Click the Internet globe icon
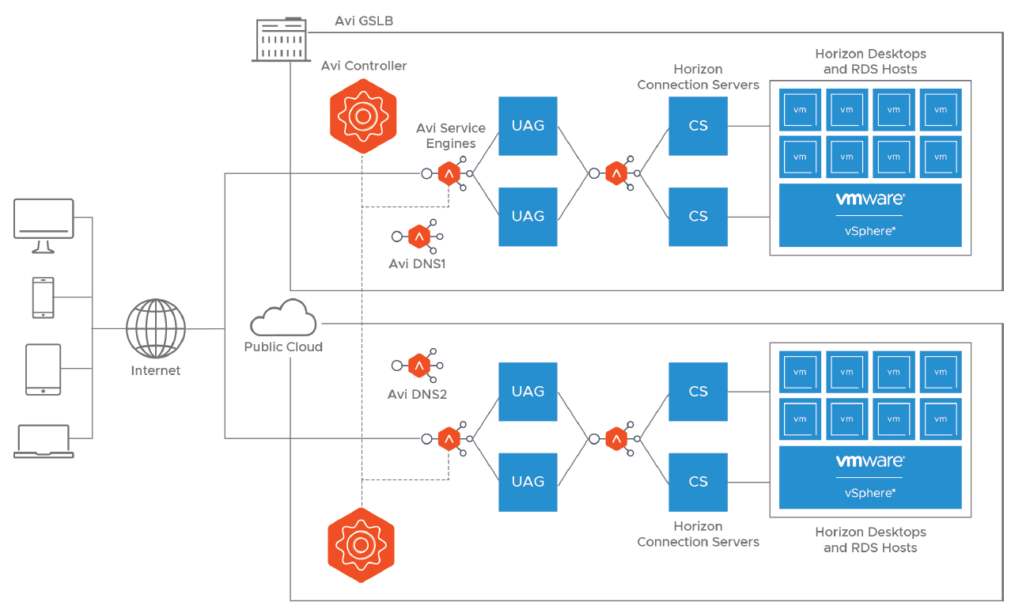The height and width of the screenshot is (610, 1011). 156,328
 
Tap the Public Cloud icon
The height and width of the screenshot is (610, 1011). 283,318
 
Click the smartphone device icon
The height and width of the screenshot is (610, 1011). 44,297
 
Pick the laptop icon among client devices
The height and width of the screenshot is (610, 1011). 44,441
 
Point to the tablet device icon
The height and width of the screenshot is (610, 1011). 44,369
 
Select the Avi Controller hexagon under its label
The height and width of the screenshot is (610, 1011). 363,116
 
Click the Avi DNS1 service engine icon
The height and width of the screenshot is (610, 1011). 418,236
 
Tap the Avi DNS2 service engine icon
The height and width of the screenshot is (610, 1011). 418,366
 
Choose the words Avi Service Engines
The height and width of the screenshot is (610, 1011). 451,135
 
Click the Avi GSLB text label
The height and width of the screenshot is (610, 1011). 364,21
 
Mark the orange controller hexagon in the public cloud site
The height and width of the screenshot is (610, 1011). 362,545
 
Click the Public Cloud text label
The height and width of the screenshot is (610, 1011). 283,347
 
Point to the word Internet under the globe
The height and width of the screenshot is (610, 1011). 156,370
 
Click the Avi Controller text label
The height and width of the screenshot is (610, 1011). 364,66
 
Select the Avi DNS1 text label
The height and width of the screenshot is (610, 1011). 417,263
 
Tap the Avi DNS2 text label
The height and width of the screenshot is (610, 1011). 417,394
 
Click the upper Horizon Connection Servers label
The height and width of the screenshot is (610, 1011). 698,77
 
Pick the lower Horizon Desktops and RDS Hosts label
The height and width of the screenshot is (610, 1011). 870,540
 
